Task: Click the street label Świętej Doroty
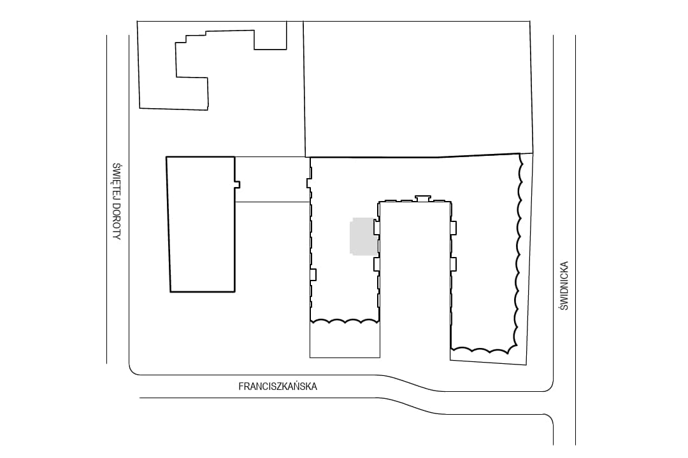117,201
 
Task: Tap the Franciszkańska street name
278,387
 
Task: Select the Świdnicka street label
564,286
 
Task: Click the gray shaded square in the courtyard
364,236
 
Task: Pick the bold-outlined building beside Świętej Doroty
201,224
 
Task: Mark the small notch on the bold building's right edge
237,184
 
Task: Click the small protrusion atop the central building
423,198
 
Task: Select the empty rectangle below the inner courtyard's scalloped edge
345,340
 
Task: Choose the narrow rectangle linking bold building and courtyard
272,179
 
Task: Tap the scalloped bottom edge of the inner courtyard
345,321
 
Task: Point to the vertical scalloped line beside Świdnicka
518,250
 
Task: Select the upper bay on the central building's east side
454,228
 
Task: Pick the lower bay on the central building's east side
454,264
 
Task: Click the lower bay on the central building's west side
376,264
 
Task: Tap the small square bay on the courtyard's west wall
313,274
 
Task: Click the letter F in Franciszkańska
241,387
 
